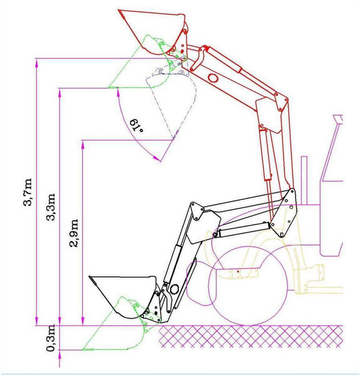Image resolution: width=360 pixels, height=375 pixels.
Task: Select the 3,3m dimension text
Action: (51, 207)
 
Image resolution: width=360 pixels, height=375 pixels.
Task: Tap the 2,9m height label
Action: (74, 232)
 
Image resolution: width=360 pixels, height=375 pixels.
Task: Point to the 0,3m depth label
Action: (51, 337)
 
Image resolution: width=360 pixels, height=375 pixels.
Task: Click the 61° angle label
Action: (136, 126)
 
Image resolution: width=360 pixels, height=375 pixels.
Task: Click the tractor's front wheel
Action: (248, 286)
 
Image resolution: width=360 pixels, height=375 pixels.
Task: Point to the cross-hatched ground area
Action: (251, 336)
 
